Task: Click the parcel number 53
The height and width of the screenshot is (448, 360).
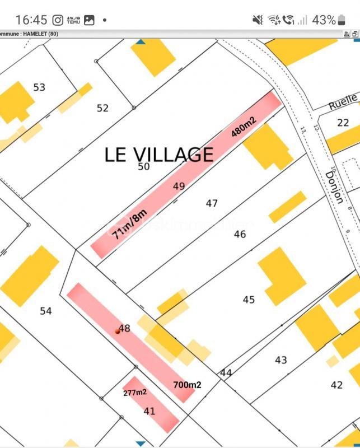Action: click(x=39, y=87)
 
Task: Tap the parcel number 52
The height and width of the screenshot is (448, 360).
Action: click(x=102, y=108)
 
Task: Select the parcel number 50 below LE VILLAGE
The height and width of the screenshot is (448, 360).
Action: click(x=144, y=166)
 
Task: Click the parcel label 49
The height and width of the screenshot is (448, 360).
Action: click(x=179, y=186)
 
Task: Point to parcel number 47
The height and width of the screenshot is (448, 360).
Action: click(x=212, y=203)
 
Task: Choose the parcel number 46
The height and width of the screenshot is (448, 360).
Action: click(x=240, y=234)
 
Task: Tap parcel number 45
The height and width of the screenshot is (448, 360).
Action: click(x=249, y=300)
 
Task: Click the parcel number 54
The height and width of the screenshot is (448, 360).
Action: click(x=46, y=310)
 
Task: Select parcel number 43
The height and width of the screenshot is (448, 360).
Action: click(x=281, y=360)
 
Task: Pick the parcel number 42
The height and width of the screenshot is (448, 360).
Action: click(x=336, y=385)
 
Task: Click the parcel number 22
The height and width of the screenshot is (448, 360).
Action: click(x=343, y=123)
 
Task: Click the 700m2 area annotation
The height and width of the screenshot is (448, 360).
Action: click(x=187, y=385)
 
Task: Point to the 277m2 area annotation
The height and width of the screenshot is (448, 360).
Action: click(x=135, y=393)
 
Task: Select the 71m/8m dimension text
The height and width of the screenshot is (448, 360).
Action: click(x=129, y=223)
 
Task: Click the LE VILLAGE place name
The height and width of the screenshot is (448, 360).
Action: click(x=159, y=155)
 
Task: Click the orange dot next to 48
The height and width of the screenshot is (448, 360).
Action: click(x=118, y=331)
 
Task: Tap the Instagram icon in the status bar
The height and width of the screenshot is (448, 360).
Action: click(x=58, y=20)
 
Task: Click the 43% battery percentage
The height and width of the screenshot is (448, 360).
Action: click(x=324, y=20)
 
